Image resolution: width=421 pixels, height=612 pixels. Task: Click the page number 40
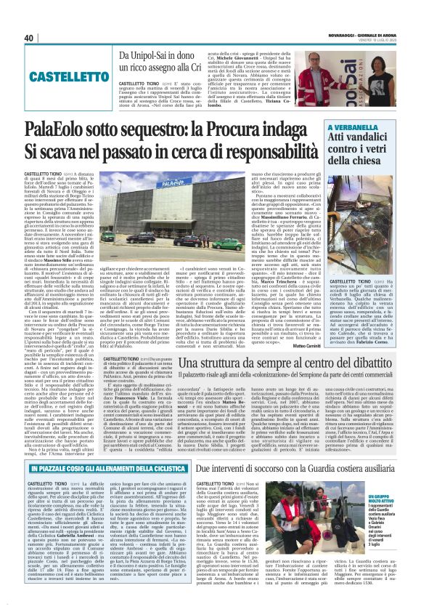click(29, 38)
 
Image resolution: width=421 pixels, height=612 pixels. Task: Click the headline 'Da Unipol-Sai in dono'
click(165, 56)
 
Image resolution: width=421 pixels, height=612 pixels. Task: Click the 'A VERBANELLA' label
click(351, 127)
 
